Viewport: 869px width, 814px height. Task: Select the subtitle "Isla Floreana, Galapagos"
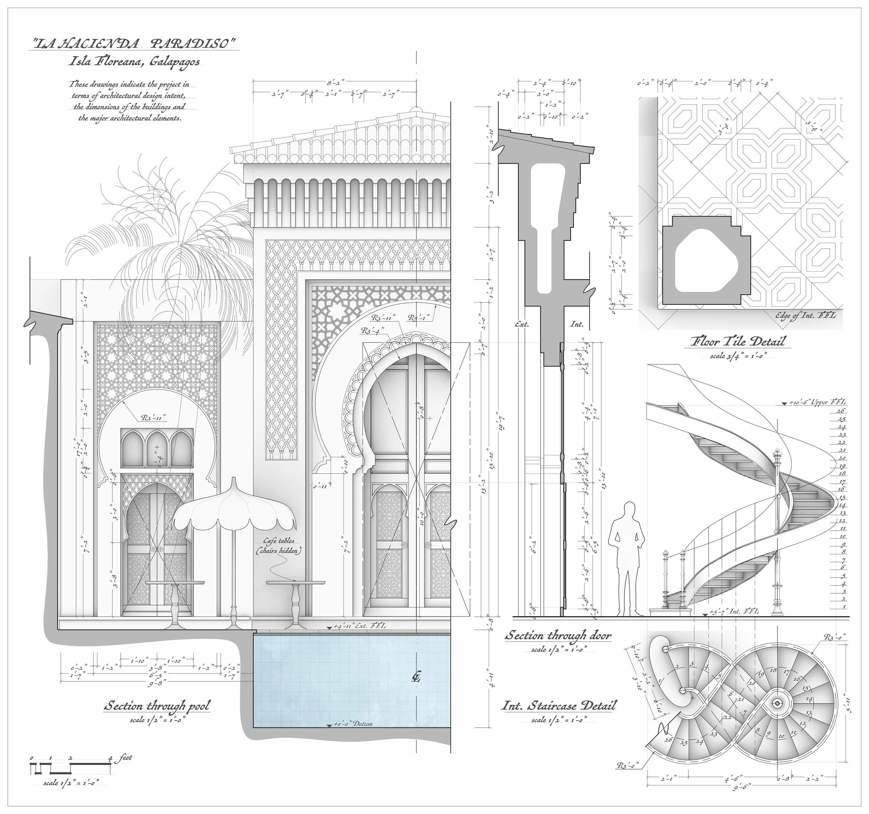pyautogui.click(x=134, y=61)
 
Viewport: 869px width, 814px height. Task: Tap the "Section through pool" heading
pyautogui.click(x=157, y=706)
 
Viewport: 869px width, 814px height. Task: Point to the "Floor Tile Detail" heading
pyautogui.click(x=738, y=341)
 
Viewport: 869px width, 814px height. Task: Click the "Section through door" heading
pyautogui.click(x=558, y=635)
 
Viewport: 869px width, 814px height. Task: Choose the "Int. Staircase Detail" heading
pyautogui.click(x=558, y=706)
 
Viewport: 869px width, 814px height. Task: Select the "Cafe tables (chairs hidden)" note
pyautogui.click(x=279, y=546)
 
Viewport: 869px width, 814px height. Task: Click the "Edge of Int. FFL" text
pyautogui.click(x=805, y=315)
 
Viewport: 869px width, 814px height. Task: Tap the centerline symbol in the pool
pyautogui.click(x=416, y=677)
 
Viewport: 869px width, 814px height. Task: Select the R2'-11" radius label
pyautogui.click(x=153, y=418)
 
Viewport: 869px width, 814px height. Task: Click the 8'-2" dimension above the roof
pyautogui.click(x=336, y=82)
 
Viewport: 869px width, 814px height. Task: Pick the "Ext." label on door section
pyautogui.click(x=522, y=324)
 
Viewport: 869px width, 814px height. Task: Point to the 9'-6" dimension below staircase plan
pyautogui.click(x=742, y=787)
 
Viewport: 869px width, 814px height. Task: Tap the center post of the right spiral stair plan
pyautogui.click(x=777, y=703)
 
